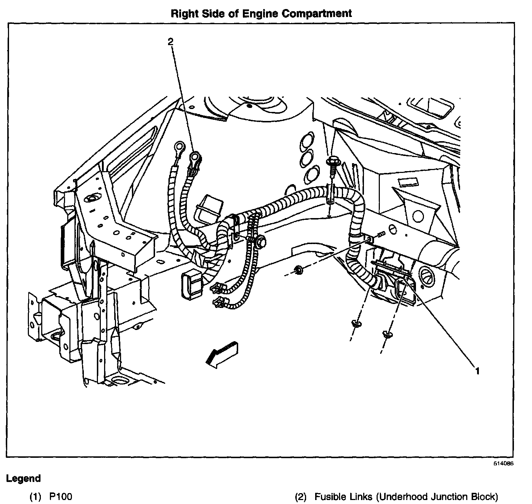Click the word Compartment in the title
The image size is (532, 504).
(316, 13)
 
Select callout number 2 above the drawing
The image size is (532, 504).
(170, 42)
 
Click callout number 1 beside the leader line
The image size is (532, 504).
(477, 370)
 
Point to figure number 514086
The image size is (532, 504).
(503, 464)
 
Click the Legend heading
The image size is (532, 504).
(23, 479)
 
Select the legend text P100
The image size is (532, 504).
(60, 497)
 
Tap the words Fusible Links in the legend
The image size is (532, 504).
(343, 497)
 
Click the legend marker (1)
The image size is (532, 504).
(35, 497)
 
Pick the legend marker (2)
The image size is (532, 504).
(301, 497)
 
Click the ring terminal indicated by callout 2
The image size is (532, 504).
(195, 157)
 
